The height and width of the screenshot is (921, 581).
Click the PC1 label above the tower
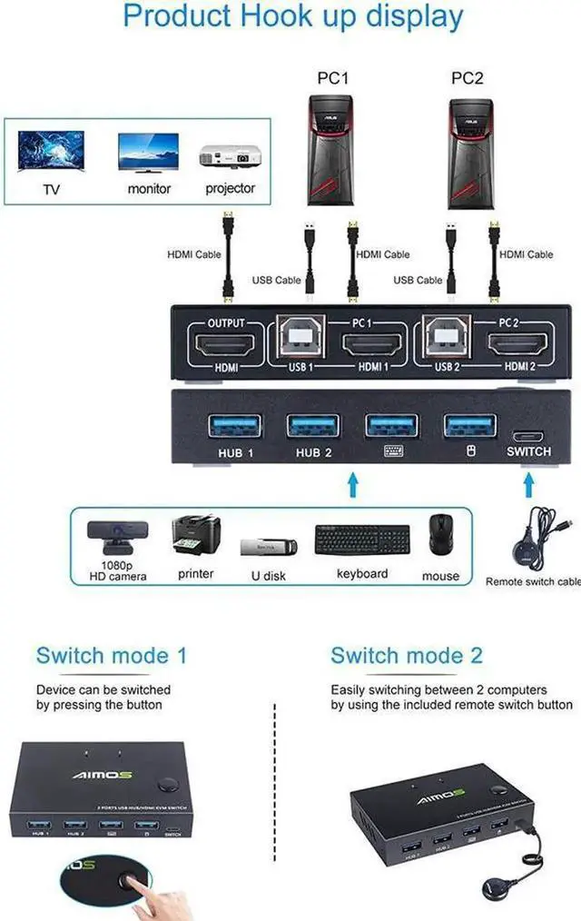[x=333, y=79]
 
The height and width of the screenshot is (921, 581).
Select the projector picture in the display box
[x=227, y=153]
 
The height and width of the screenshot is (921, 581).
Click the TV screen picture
[x=50, y=151]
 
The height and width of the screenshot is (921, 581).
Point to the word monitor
[x=149, y=189]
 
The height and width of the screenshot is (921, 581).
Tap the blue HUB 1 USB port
[x=234, y=425]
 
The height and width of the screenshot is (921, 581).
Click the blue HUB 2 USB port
[x=313, y=425]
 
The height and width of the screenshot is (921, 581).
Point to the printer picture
[x=195, y=536]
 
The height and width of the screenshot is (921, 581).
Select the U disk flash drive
[x=269, y=548]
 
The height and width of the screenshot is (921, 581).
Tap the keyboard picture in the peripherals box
[x=361, y=540]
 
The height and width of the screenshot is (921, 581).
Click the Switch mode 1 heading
[x=112, y=656]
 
